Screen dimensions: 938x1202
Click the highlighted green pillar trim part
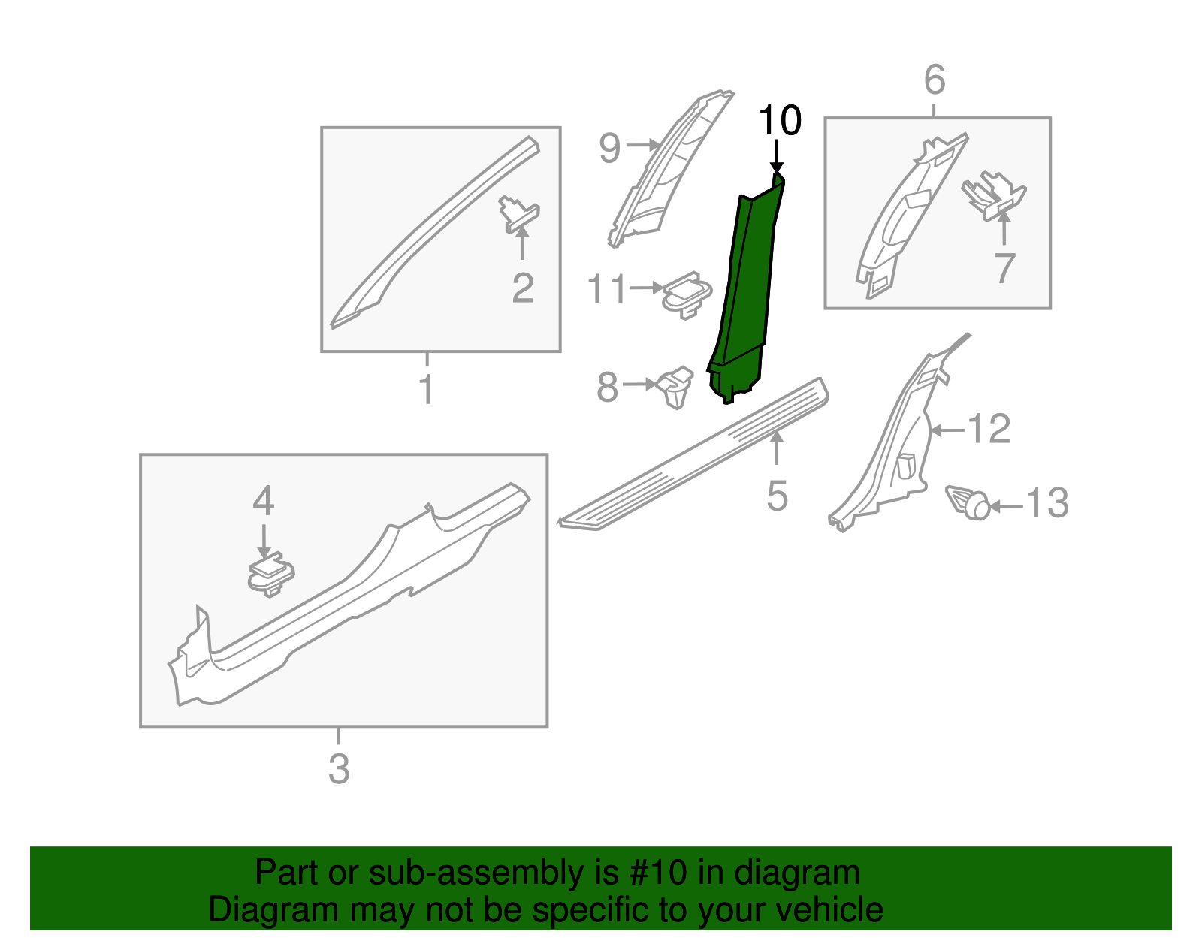(x=744, y=293)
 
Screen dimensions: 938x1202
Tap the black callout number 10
(x=780, y=121)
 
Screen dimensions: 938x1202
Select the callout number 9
(x=609, y=148)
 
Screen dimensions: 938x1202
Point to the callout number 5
(x=777, y=496)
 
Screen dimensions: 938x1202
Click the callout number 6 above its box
(x=934, y=80)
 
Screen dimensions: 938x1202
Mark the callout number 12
(x=989, y=430)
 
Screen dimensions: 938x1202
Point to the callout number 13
(x=1046, y=503)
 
